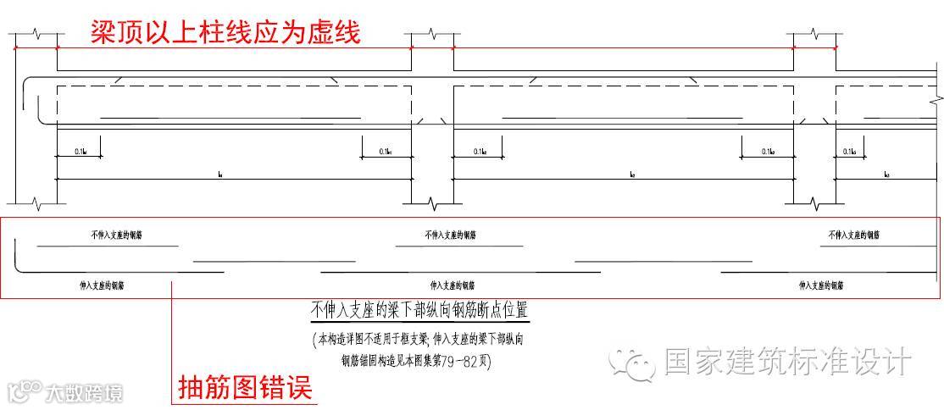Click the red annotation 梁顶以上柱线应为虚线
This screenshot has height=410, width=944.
[225, 32]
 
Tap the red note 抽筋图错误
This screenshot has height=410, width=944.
[245, 388]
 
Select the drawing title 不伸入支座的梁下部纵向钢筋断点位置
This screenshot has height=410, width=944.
[420, 310]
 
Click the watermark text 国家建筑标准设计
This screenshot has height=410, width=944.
[787, 362]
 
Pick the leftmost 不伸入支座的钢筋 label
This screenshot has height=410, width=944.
[117, 235]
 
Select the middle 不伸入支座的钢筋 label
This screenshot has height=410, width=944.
[450, 235]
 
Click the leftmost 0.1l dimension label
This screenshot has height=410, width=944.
[80, 152]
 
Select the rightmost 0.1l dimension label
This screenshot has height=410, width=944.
[848, 152]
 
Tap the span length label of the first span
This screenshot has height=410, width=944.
[219, 175]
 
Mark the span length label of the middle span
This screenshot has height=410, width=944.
[632, 175]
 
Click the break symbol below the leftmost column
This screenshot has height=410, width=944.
[37, 205]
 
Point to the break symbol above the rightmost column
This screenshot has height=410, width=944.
[814, 35]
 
